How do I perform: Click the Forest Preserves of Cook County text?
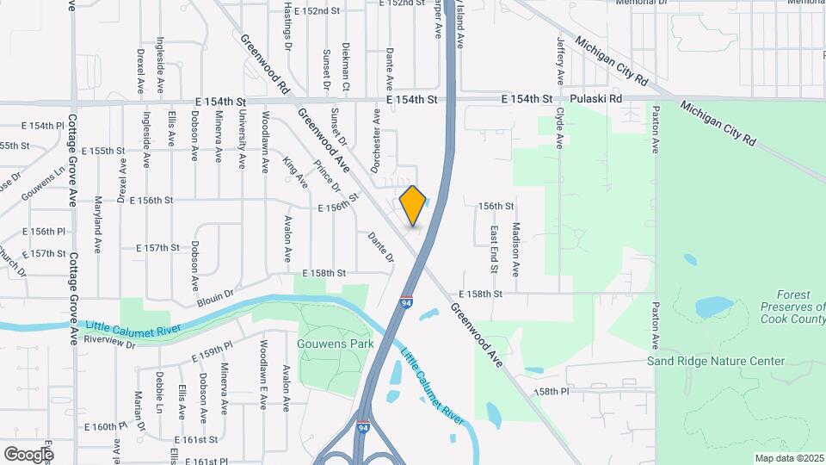[x=792, y=307]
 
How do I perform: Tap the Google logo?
[x=28, y=453]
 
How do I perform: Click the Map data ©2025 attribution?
[x=788, y=457]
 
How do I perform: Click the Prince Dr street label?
[x=328, y=177]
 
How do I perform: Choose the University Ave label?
[x=243, y=138]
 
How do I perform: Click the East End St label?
[x=494, y=249]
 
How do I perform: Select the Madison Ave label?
[x=515, y=249]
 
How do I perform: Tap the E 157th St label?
[x=157, y=247]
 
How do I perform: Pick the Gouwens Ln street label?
[x=43, y=183]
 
